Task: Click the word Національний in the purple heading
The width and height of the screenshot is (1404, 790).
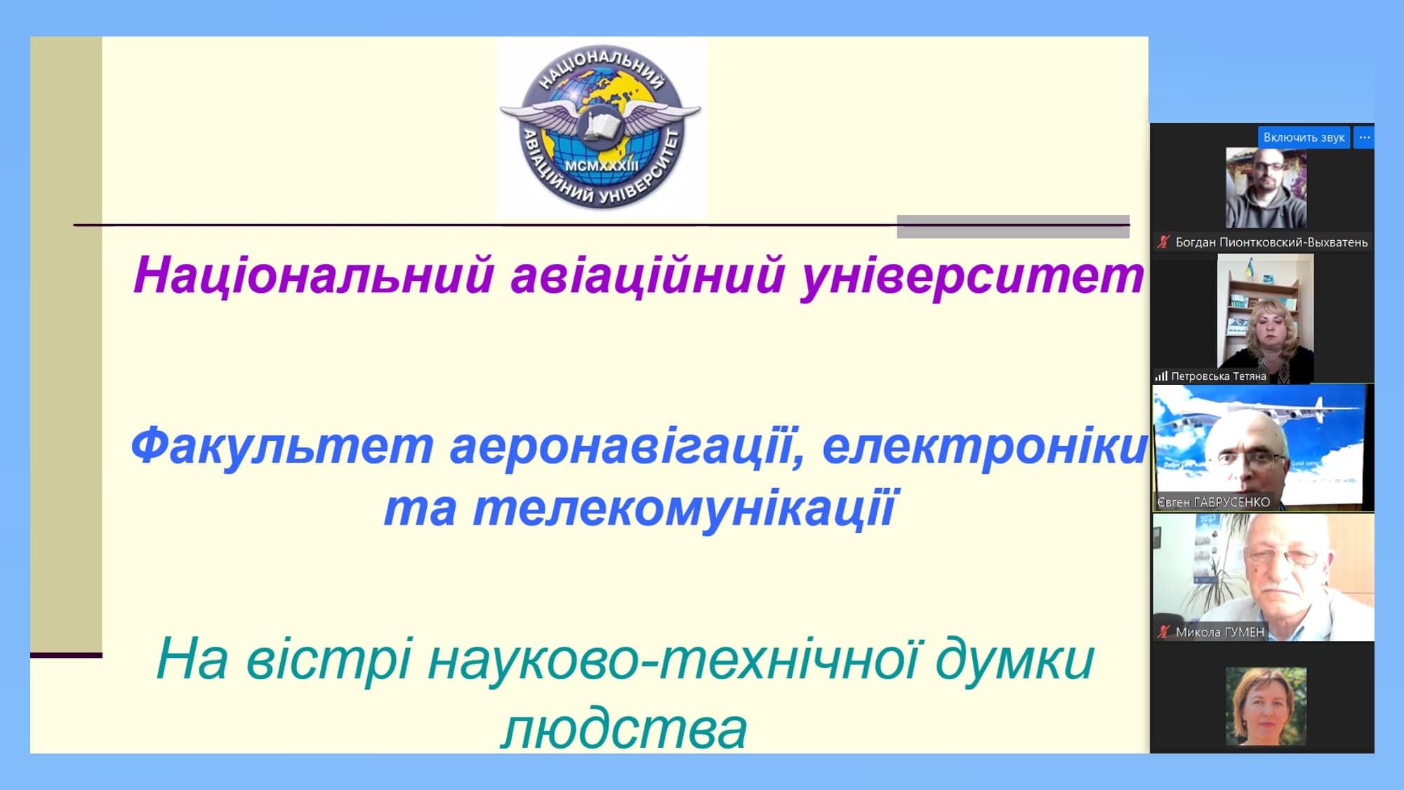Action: tap(314, 275)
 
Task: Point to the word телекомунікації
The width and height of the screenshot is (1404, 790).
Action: tap(685, 508)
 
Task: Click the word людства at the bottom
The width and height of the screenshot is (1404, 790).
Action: tap(624, 728)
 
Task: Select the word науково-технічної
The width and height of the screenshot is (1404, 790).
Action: tap(673, 659)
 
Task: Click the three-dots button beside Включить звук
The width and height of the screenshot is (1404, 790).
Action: tap(1364, 138)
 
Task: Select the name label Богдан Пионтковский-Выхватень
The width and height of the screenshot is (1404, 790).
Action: tap(1271, 242)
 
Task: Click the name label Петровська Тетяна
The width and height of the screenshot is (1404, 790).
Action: tap(1219, 376)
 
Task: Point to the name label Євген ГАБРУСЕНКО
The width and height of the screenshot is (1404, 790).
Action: tap(1213, 502)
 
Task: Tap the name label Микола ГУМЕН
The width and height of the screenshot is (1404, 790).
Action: tap(1220, 632)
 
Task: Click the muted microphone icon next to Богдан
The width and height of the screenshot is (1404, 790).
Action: tap(1163, 242)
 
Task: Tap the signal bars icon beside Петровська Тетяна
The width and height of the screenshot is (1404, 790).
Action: tap(1161, 376)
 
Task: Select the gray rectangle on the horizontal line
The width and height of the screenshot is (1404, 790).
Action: tap(1013, 226)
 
